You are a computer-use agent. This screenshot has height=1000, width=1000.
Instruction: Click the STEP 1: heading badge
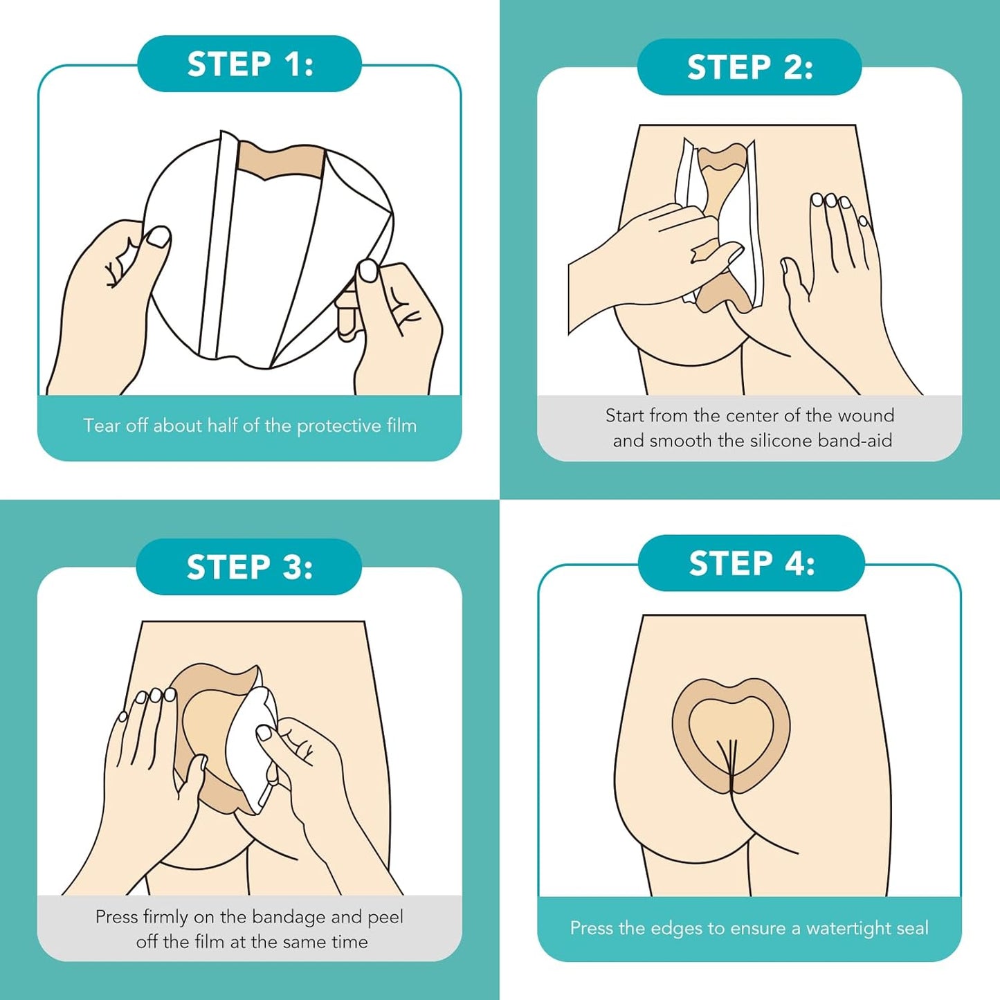pyautogui.click(x=250, y=64)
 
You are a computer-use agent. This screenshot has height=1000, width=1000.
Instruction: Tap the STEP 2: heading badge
pyautogui.click(x=749, y=67)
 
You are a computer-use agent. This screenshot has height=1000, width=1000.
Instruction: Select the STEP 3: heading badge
pyautogui.click(x=249, y=567)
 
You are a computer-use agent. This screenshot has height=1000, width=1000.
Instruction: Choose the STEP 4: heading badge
pyautogui.click(x=751, y=563)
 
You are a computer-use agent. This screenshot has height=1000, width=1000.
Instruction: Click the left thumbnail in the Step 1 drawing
pyautogui.click(x=158, y=237)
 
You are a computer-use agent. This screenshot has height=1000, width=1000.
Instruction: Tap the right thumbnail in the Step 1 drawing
pyautogui.click(x=367, y=271)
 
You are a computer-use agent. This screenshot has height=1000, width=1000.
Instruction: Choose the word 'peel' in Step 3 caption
pyautogui.click(x=385, y=917)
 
